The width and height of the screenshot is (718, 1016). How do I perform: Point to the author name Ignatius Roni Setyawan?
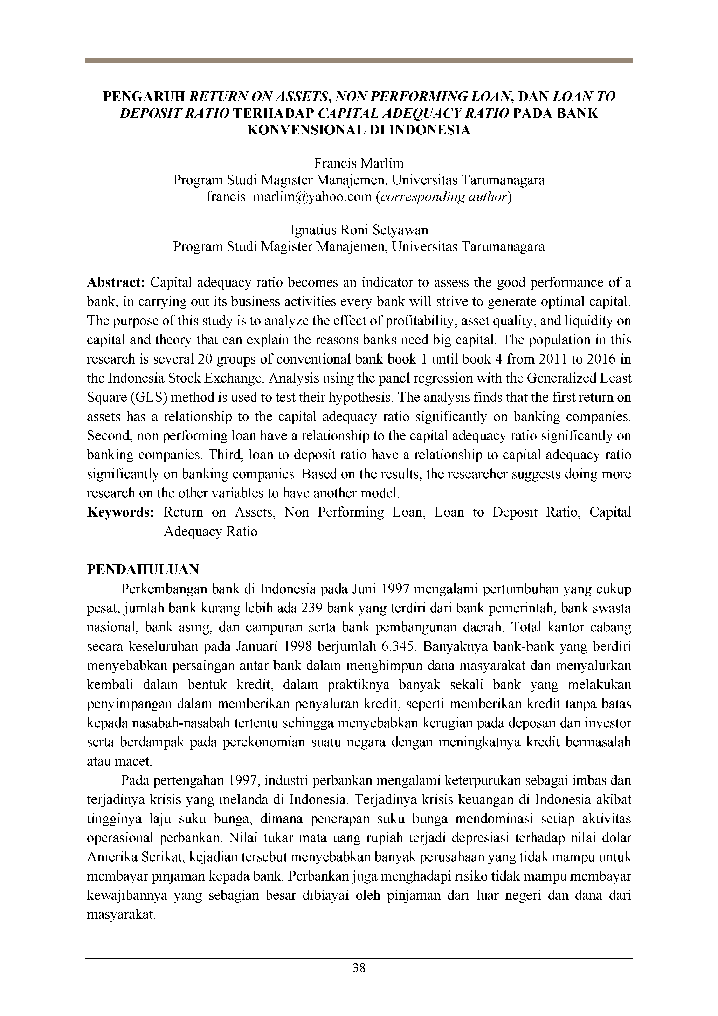[x=359, y=230]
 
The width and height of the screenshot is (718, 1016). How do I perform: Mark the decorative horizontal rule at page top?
[x=359, y=61]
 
